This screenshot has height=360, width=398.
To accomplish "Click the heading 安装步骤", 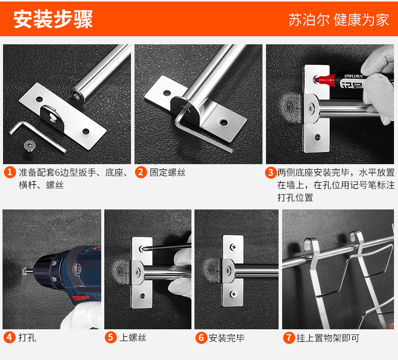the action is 53,19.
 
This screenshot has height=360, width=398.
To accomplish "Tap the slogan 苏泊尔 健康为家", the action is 339,20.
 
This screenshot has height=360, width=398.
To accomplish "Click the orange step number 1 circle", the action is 10,172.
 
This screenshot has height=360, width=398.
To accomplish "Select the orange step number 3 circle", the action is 271,173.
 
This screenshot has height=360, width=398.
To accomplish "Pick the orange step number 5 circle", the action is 111,337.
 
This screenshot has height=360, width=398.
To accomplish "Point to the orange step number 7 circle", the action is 289,338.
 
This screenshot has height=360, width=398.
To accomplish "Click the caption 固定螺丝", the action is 168,173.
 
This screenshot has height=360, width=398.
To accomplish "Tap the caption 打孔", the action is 27,338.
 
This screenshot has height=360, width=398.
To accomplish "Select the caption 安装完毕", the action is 227,338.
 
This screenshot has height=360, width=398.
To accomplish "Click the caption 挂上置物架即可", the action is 327,338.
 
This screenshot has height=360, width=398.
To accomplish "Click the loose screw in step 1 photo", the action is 29,146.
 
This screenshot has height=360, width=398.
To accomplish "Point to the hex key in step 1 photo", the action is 38,137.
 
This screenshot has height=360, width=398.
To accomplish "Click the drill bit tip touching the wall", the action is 24,271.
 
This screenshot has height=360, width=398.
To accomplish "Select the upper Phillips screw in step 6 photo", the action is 233,246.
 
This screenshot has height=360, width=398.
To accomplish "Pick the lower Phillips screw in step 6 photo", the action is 233,294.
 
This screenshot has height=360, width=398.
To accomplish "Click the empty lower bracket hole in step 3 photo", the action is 317,137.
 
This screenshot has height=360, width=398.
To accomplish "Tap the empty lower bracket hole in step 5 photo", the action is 143,296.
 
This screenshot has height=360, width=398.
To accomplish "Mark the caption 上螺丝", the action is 133,338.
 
